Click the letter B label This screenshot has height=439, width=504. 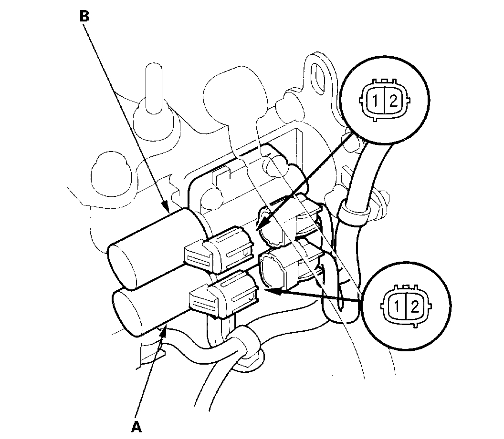tap(84, 16)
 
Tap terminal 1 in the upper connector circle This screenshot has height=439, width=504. tap(377, 101)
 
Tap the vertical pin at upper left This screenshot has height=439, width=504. tap(152, 91)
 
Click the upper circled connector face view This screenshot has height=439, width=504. tap(385, 100)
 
